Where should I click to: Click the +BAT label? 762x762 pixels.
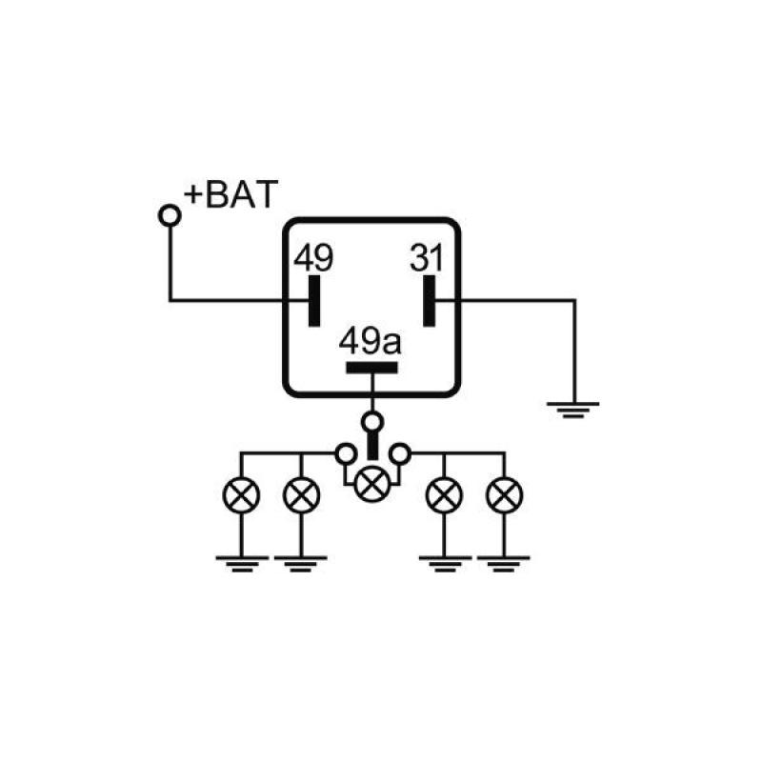tap(231, 194)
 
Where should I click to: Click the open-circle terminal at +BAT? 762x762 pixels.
tap(170, 216)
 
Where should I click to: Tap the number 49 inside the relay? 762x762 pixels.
tap(313, 258)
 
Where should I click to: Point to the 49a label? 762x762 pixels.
tap(372, 341)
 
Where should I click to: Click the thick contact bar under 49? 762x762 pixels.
tap(314, 301)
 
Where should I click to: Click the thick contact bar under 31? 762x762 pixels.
tap(431, 301)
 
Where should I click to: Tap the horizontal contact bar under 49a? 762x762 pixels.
tap(372, 369)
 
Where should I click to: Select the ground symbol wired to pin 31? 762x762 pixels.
tap(573, 410)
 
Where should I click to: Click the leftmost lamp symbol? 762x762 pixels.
tap(241, 495)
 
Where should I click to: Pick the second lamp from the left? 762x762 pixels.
tap(302, 495)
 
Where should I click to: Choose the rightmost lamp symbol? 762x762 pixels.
tap(504, 495)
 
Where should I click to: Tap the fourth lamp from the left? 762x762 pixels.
tap(444, 495)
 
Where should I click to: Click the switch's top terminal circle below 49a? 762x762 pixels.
tap(372, 420)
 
